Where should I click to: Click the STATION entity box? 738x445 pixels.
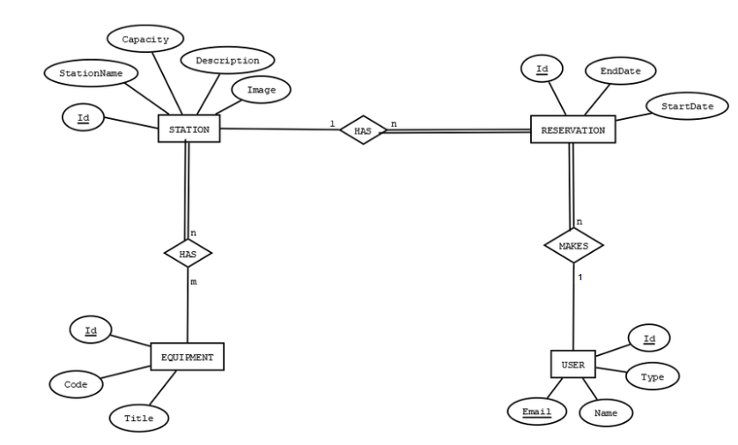pos(188,129)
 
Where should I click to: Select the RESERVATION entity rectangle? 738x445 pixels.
pos(572,130)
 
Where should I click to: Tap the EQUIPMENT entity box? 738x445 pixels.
pos(188,357)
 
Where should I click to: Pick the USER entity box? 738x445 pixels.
pos(572,365)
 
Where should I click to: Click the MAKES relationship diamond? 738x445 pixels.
pos(573,245)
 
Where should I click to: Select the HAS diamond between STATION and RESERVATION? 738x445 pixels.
pos(363,130)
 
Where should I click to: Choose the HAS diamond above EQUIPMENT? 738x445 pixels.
pos(188,254)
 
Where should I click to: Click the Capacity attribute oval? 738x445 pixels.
pos(145,39)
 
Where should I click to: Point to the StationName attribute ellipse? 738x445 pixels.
pos(92,73)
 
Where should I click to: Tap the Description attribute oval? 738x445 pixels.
pos(228,60)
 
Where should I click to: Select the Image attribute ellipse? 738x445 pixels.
pos(262,90)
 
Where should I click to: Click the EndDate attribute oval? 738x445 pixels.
pos(620,70)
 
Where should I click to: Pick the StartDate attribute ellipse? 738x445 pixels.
pos(687,106)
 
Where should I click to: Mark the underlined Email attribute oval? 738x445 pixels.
pos(536,412)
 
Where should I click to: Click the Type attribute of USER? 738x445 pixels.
pos(653,376)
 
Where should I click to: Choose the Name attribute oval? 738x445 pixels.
pos(606,412)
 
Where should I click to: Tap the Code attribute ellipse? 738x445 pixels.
pos(76,384)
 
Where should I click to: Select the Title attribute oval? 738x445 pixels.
pos(139,418)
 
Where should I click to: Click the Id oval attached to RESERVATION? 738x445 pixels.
pos(542,68)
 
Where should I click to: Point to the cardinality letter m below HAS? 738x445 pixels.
pos(194,282)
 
